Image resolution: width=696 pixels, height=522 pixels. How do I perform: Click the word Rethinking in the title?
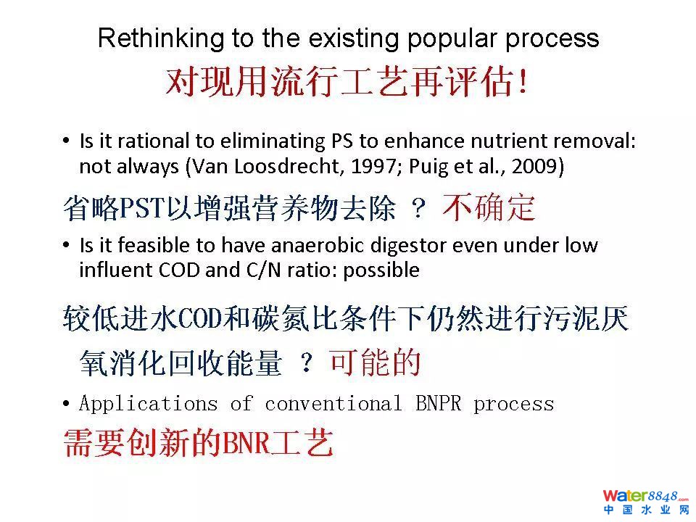tap(161, 38)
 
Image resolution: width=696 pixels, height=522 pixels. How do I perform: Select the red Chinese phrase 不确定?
tap(489, 207)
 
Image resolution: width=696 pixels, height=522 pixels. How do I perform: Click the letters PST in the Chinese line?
tap(143, 208)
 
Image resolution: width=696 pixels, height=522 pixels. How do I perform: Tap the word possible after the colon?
tap(382, 270)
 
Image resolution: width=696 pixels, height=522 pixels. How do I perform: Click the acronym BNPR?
tap(439, 404)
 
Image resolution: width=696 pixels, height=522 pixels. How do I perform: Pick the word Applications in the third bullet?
tap(148, 405)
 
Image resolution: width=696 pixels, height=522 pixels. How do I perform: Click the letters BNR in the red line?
tap(246, 444)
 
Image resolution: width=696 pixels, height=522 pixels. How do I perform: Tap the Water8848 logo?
tap(645, 502)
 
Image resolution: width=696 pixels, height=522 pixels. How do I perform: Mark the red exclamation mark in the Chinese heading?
tap(523, 82)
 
